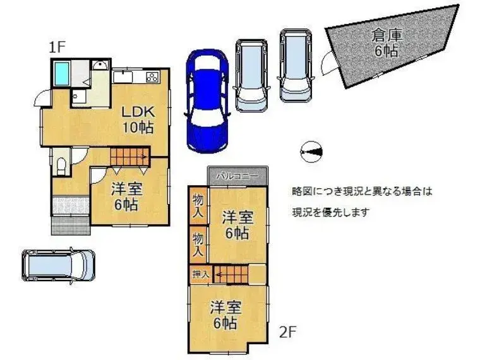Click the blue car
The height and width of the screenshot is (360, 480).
click(207, 101)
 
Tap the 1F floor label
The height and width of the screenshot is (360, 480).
click(57, 47)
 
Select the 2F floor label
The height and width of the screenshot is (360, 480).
click(288, 332)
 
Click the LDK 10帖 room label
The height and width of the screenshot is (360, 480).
click(138, 120)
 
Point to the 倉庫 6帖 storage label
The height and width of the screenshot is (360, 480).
click(387, 43)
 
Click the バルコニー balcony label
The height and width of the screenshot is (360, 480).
click(237, 177)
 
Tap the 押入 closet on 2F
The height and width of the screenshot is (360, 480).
click(200, 274)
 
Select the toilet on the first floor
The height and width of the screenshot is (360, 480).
click(61, 165)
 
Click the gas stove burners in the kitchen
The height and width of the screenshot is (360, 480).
click(152, 76)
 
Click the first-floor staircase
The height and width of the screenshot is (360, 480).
click(130, 157)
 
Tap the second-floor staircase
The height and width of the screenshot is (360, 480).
click(231, 274)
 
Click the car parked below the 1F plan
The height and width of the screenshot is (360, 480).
click(59, 265)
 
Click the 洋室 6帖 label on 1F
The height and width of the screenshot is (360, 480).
click(127, 196)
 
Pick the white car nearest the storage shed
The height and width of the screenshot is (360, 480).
click(296, 65)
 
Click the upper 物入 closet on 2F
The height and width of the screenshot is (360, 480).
click(198, 206)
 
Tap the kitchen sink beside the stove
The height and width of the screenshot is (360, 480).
click(123, 76)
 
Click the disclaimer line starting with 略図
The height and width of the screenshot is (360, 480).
click(362, 192)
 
